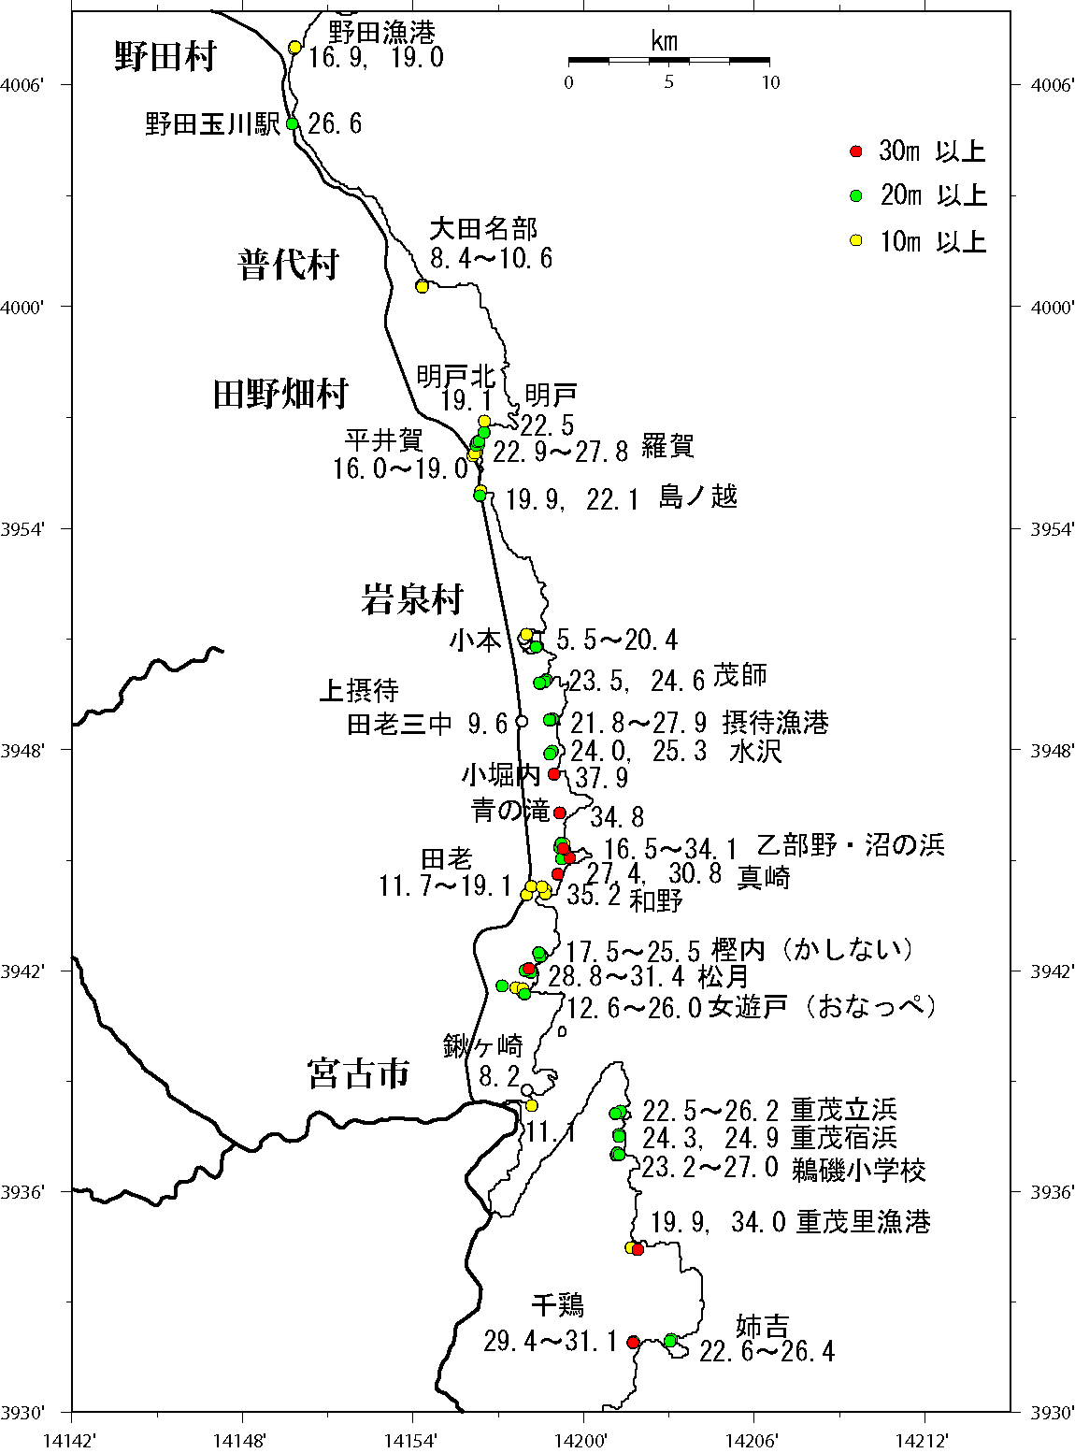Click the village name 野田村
[165, 57]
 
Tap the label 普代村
[288, 266]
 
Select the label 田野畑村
[280, 395]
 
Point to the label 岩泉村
[412, 599]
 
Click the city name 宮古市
[359, 1073]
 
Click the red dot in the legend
[855, 151]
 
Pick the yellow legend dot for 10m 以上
[855, 241]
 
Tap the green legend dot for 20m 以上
[855, 196]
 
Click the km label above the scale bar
[665, 41]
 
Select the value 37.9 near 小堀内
[601, 778]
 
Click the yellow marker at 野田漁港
[294, 48]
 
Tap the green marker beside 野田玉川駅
[292, 123]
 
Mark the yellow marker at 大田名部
[422, 286]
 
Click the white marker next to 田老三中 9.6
[522, 721]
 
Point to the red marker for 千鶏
[633, 1343]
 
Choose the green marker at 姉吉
[670, 1341]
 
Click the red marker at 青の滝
[560, 813]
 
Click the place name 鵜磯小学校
[859, 1170]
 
